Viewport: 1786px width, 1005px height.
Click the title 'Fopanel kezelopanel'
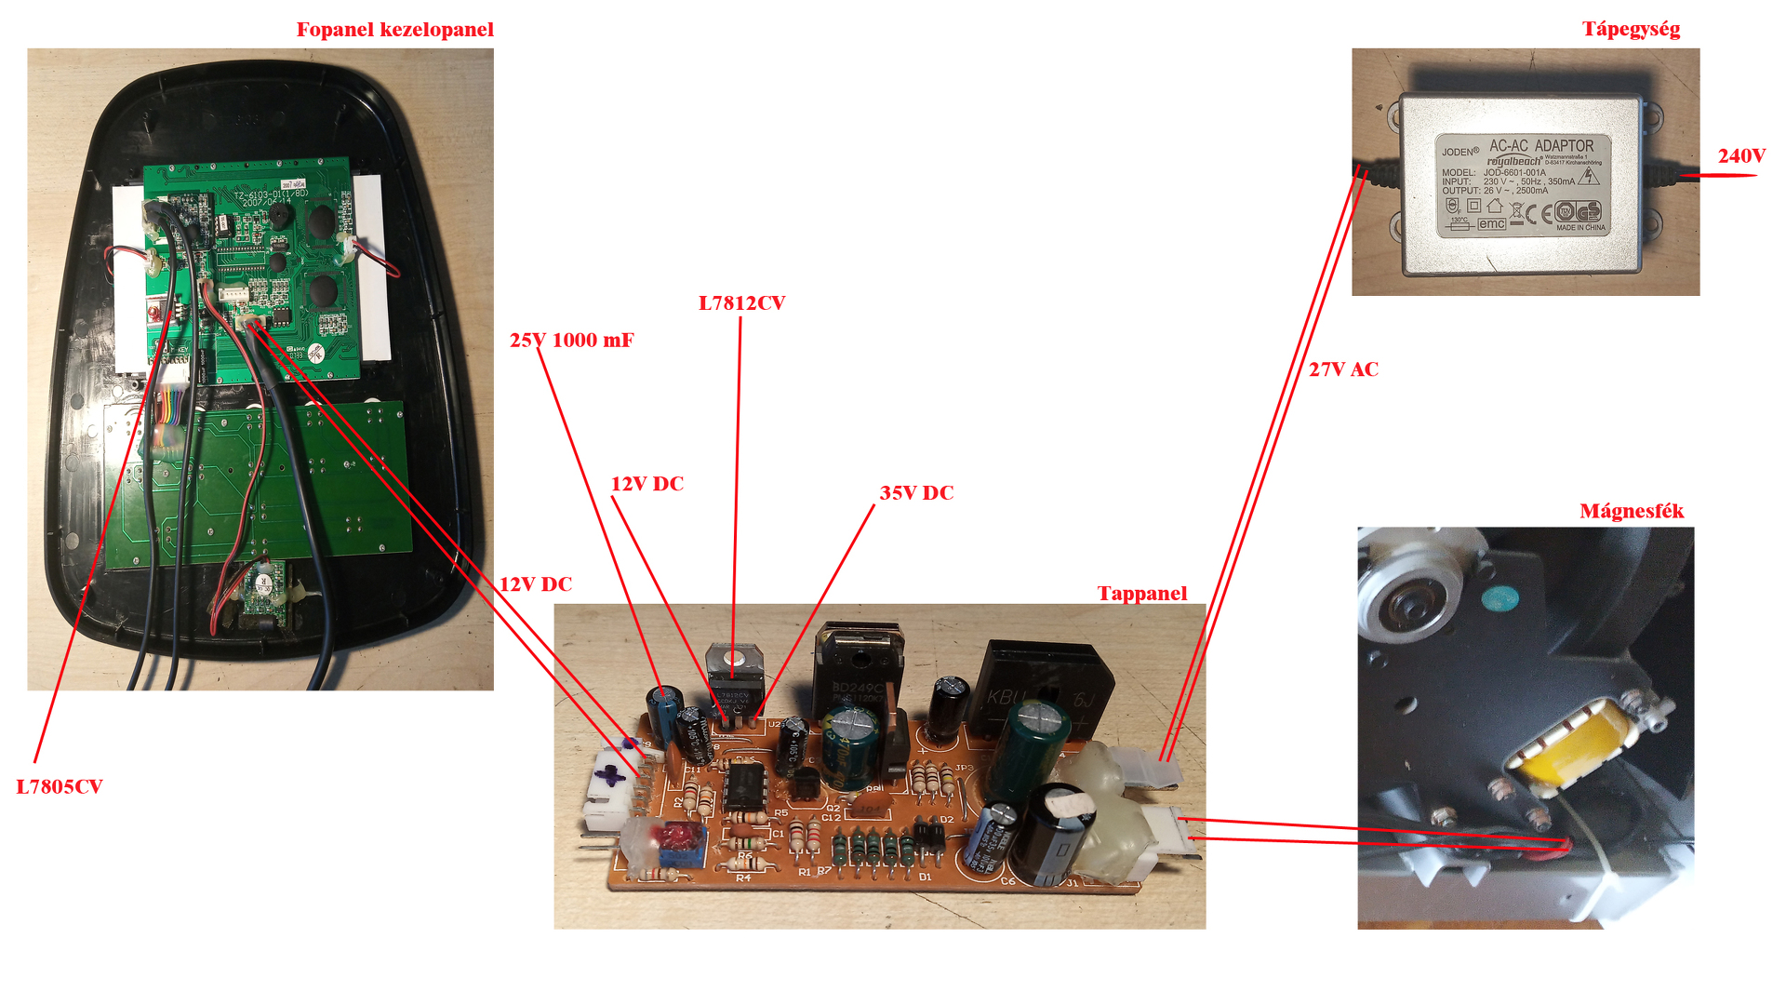tap(394, 30)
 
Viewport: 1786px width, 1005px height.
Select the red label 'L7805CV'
tap(60, 787)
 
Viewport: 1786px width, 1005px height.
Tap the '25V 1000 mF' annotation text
tap(571, 341)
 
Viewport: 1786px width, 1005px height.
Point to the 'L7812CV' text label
tap(741, 303)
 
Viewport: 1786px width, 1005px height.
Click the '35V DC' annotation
tap(916, 493)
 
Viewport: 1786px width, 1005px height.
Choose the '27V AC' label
tap(1343, 369)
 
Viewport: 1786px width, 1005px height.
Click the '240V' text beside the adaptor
tap(1741, 156)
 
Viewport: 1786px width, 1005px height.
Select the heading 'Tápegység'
tap(1631, 30)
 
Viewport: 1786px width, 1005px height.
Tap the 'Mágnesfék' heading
tap(1632, 511)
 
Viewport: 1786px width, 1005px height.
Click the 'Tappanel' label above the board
tap(1141, 594)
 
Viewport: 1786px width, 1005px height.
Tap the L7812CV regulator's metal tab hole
tap(735, 657)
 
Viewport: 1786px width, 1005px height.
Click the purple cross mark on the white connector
tap(609, 774)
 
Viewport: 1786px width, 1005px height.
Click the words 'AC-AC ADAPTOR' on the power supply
tap(1540, 146)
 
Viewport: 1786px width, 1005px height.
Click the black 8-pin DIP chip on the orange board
tap(744, 786)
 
